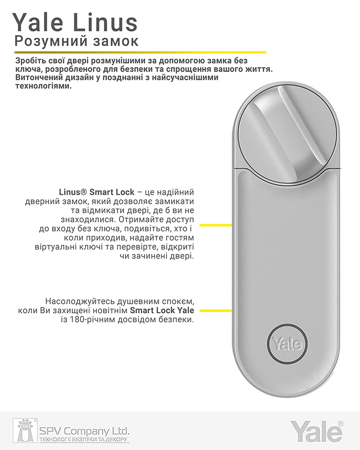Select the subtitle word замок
pos(113,41)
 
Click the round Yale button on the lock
pos(287,345)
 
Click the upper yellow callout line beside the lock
pos(216,225)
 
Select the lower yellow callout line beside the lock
pos(216,310)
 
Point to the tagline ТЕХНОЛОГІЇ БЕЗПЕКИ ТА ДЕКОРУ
pos(84,439)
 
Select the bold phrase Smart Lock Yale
pos(162,310)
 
